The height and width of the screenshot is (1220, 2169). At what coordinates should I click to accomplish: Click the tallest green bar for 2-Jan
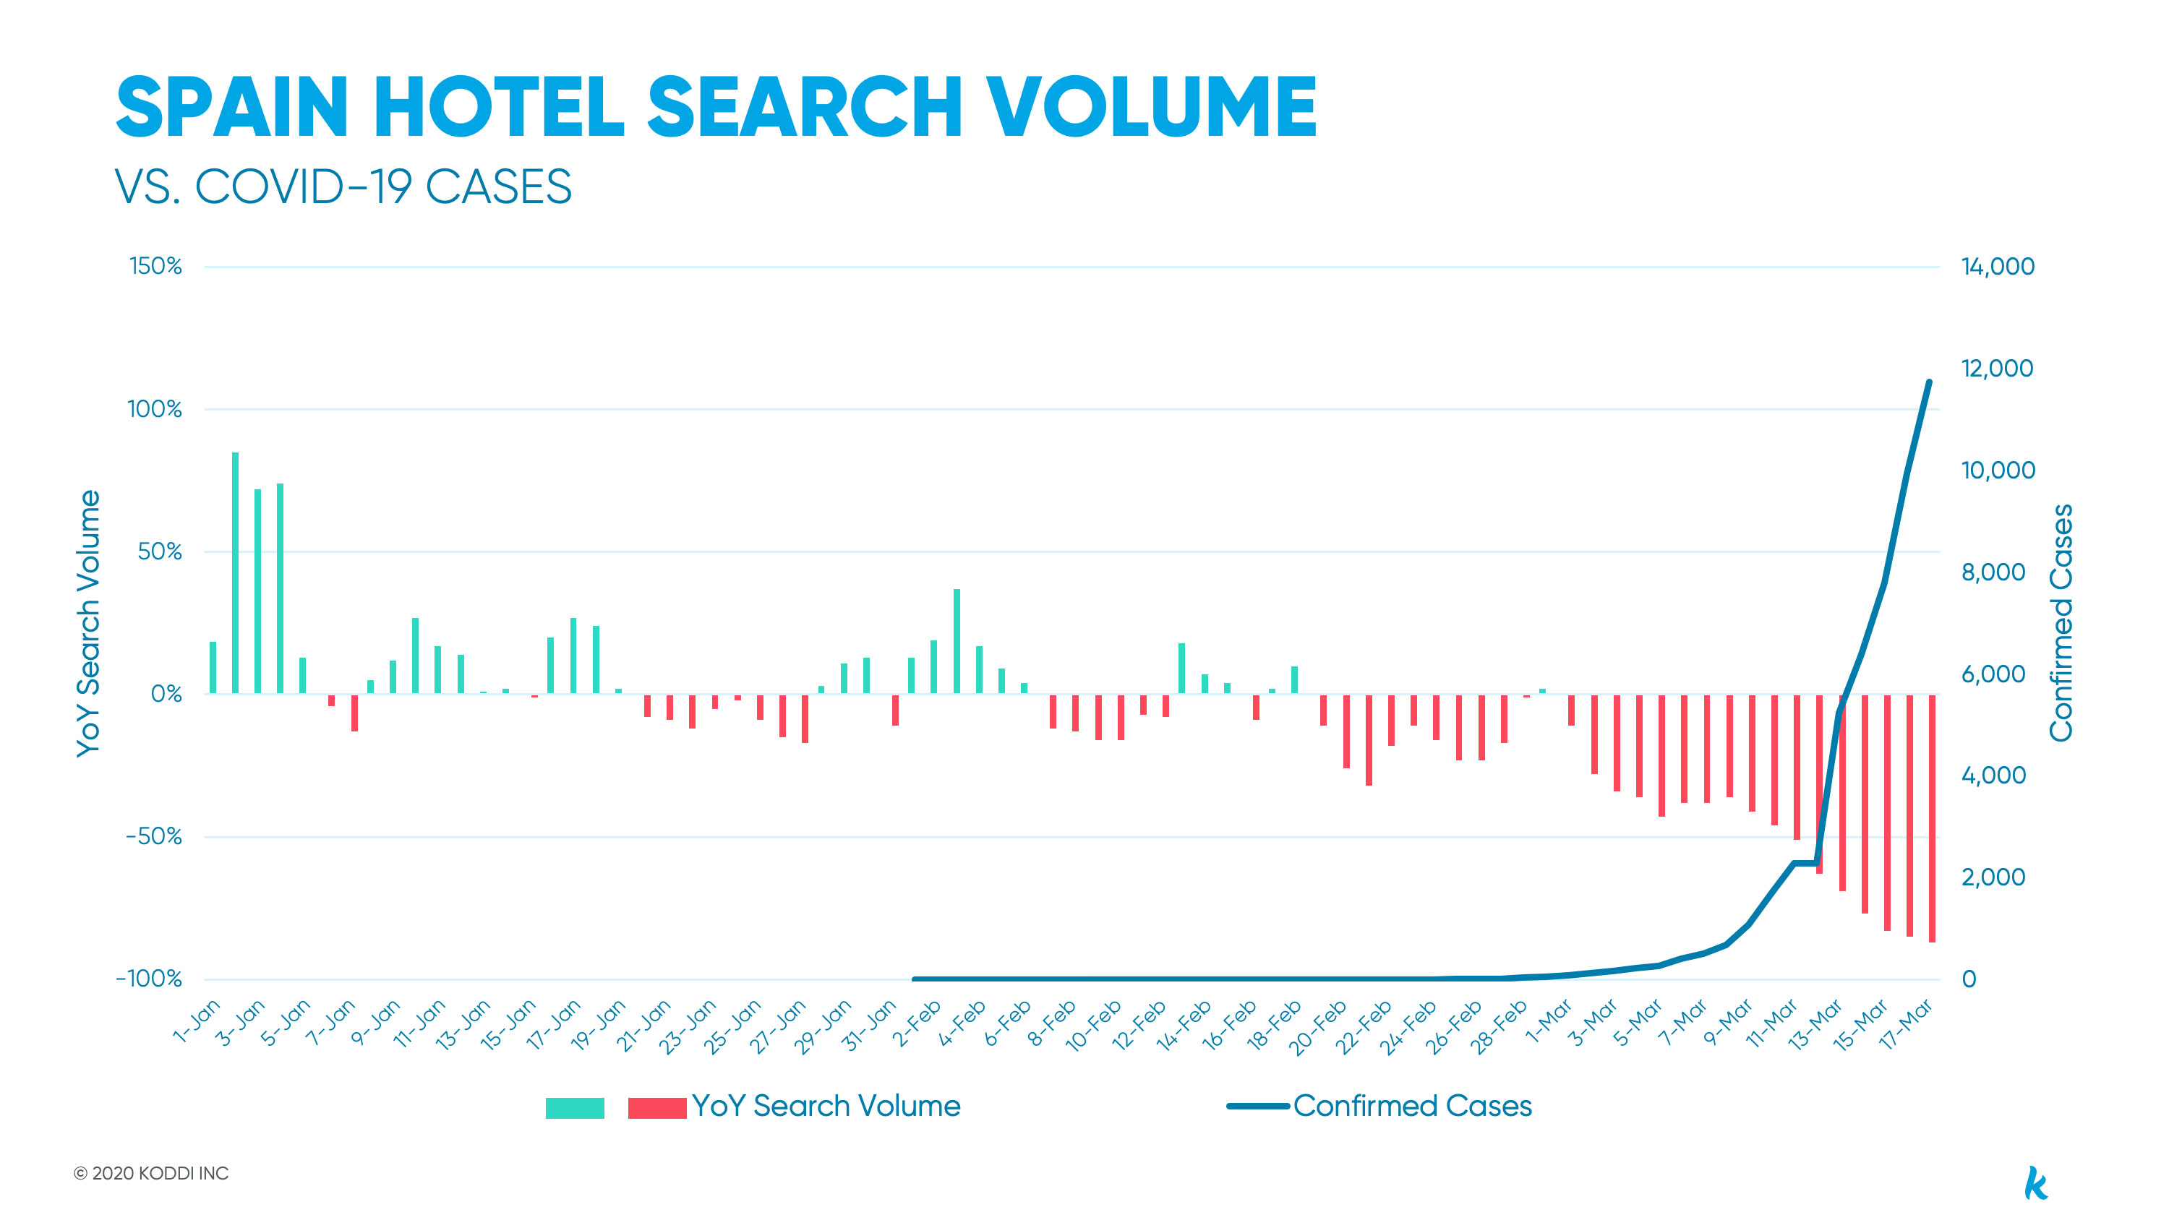point(235,572)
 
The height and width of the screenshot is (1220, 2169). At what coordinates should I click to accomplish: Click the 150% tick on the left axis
point(155,266)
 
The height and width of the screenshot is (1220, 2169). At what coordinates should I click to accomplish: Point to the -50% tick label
point(153,836)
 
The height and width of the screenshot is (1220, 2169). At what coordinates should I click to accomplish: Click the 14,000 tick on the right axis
point(1997,266)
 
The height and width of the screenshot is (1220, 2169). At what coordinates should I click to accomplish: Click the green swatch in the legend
point(574,1108)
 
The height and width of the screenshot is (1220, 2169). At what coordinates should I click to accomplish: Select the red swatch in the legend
point(656,1108)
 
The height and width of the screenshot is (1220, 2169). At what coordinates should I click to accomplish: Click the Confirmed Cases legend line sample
point(1257,1106)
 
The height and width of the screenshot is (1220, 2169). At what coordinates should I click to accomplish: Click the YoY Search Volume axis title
point(87,623)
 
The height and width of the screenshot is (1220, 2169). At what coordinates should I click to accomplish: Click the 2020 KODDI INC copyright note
point(152,1173)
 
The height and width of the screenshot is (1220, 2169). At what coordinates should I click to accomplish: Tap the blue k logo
point(2035,1182)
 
